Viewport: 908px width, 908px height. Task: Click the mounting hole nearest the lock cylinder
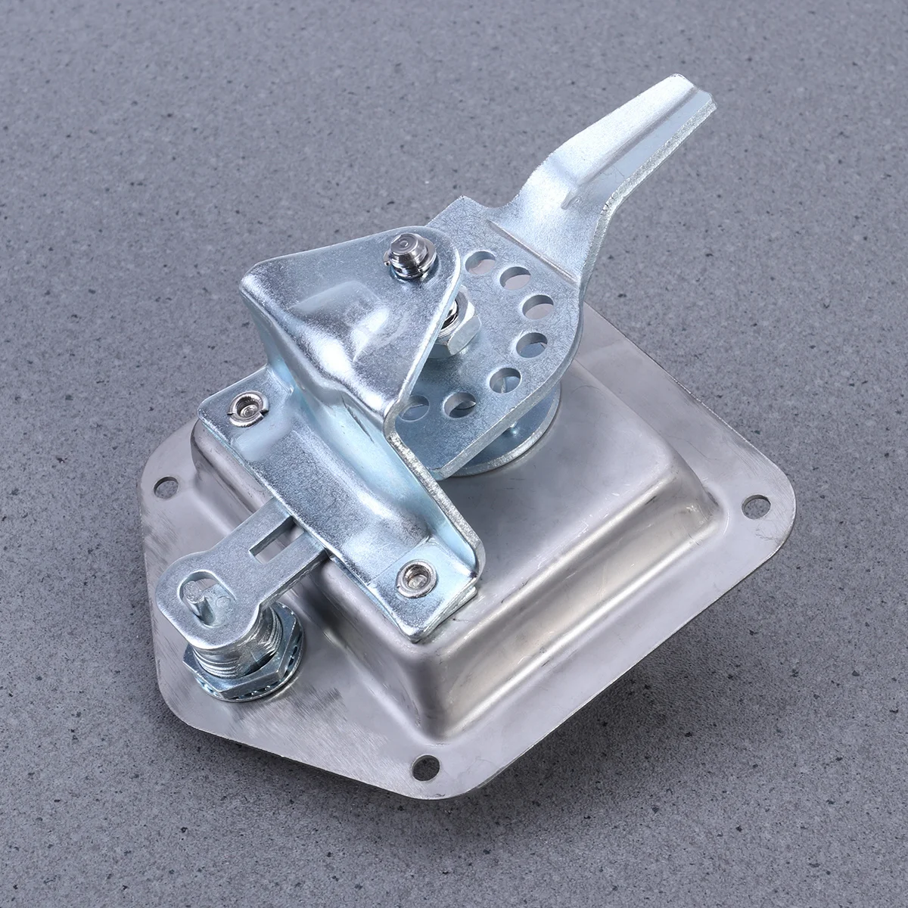166,488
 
